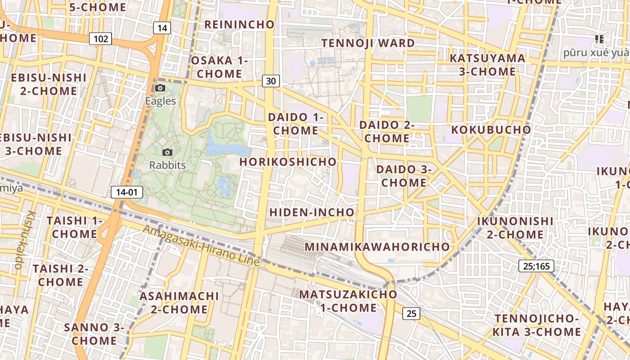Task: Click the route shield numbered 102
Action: pos(100,39)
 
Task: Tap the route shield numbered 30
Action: pos(270,81)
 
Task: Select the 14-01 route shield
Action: pos(126,193)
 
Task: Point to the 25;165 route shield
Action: pos(536,266)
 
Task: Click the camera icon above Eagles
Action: pos(160,88)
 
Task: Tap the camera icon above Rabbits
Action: pos(167,153)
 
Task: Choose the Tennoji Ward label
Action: pos(368,43)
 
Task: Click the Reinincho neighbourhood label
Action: pos(239,24)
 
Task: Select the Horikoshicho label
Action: pos(288,162)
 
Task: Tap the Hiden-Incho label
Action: pos(312,212)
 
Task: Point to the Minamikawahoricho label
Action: pos(377,247)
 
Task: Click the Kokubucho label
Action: pos(491,130)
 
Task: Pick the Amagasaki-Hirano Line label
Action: pos(201,245)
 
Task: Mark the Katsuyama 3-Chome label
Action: pos(487,65)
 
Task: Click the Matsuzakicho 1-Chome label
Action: pos(348,301)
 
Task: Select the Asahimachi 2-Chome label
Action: pos(179,302)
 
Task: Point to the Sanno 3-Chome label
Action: pos(94,333)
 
